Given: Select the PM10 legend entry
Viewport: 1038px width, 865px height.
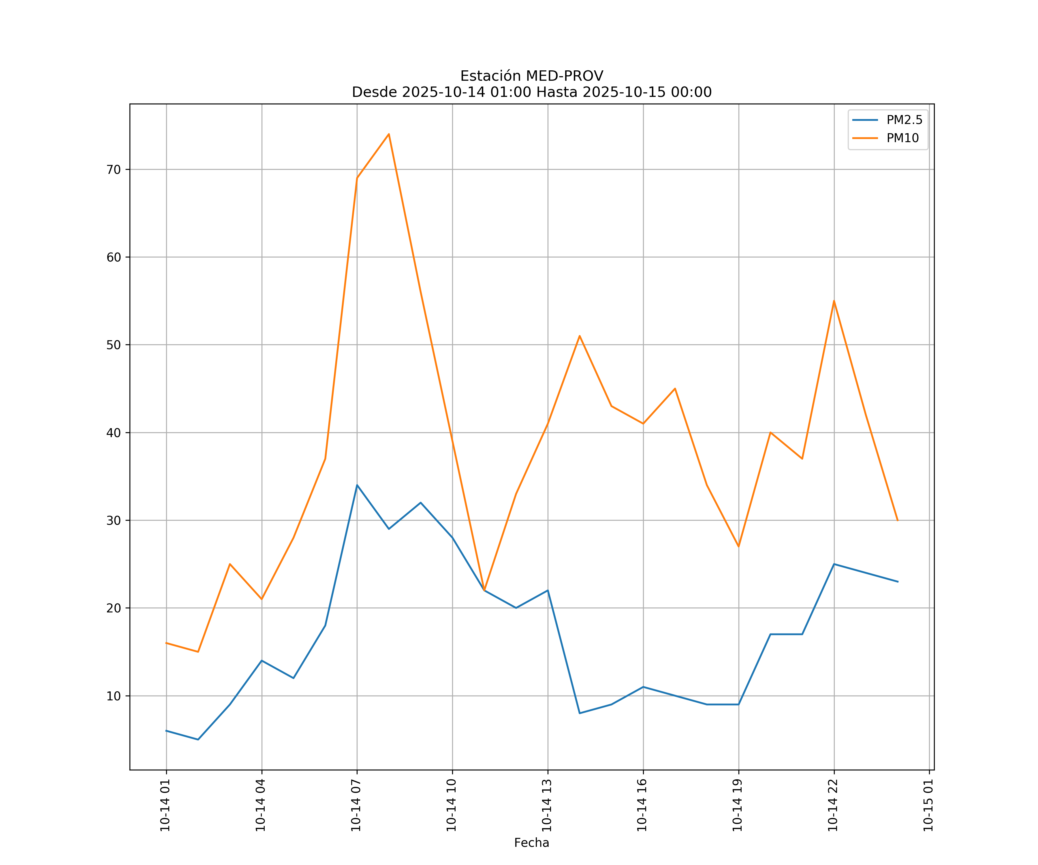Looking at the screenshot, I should [902, 138].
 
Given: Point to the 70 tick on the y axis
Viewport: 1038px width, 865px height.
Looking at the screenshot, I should [114, 170].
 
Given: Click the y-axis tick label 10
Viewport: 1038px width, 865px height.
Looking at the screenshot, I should [114, 696].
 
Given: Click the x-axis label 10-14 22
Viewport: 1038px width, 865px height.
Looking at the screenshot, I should [833, 805].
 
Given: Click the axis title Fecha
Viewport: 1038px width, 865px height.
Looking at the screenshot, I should [531, 843].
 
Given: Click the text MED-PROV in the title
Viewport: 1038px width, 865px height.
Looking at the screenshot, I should [564, 76].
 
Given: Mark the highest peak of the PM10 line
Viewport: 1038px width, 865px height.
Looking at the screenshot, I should [389, 134].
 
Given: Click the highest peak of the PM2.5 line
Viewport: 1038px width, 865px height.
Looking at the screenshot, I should [357, 485].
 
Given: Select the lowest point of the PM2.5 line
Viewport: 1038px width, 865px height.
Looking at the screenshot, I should [198, 740].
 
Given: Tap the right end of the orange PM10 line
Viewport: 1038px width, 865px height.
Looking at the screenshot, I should [898, 520].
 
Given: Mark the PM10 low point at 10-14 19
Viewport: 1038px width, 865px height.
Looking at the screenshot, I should [738, 546].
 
